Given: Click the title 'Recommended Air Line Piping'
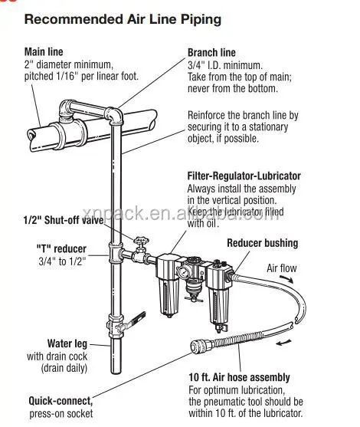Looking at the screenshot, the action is tap(123, 20).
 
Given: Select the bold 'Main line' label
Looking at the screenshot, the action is tap(44, 51).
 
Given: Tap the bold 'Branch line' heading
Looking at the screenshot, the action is tap(211, 52).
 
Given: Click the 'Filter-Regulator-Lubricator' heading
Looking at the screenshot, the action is tap(244, 176).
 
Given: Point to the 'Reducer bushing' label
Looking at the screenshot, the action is tap(262, 243).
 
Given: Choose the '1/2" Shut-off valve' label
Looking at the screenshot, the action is tap(64, 220).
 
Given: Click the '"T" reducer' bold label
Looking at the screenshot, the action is tap(61, 248).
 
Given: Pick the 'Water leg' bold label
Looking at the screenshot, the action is tap(67, 343).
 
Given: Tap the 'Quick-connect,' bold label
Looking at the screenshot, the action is tap(61, 401).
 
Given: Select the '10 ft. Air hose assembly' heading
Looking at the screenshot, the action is tap(240, 377).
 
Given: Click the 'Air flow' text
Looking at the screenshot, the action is tap(282, 268).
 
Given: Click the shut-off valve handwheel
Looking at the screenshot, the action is tap(141, 241).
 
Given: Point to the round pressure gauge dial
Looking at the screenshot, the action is tap(182, 271).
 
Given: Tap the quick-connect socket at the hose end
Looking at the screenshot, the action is tap(201, 346).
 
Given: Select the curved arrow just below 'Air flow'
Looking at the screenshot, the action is tap(286, 279).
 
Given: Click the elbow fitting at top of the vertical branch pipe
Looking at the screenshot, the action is tap(114, 116).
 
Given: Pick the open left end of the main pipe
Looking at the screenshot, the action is tap(32, 137).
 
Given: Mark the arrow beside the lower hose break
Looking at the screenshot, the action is tap(283, 343).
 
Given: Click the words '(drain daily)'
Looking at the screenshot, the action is tap(64, 368).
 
